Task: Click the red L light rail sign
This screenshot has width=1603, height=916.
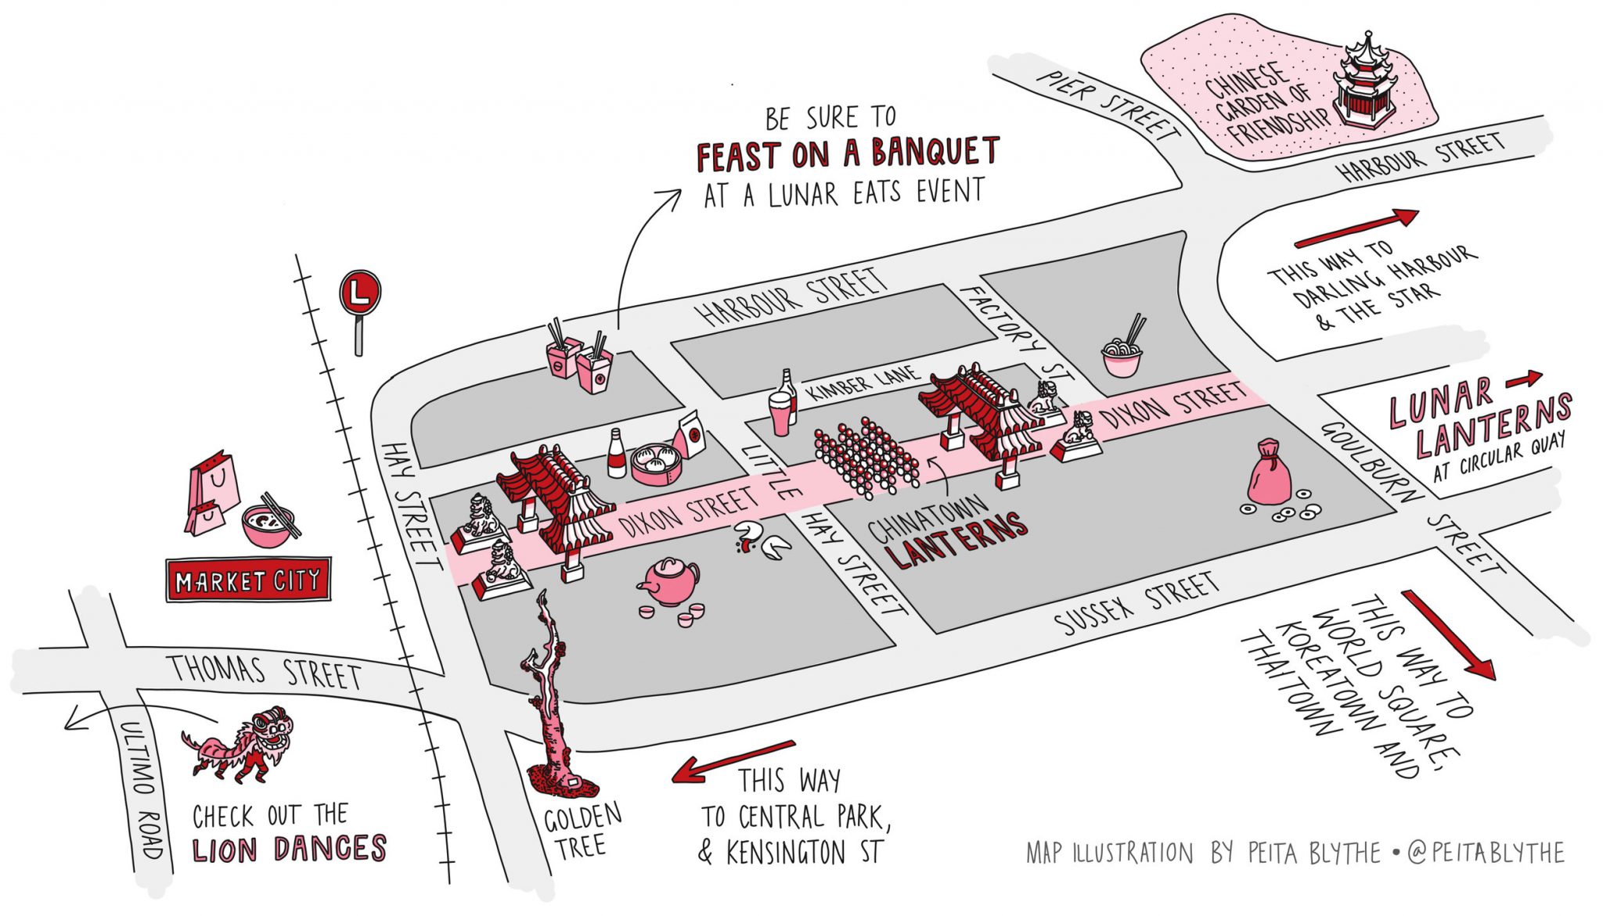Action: click(359, 293)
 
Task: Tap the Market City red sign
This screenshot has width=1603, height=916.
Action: click(248, 580)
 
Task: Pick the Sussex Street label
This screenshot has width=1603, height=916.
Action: click(1137, 602)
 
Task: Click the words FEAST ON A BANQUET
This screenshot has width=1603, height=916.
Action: click(848, 154)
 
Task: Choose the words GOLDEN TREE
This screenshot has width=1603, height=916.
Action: click(582, 832)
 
